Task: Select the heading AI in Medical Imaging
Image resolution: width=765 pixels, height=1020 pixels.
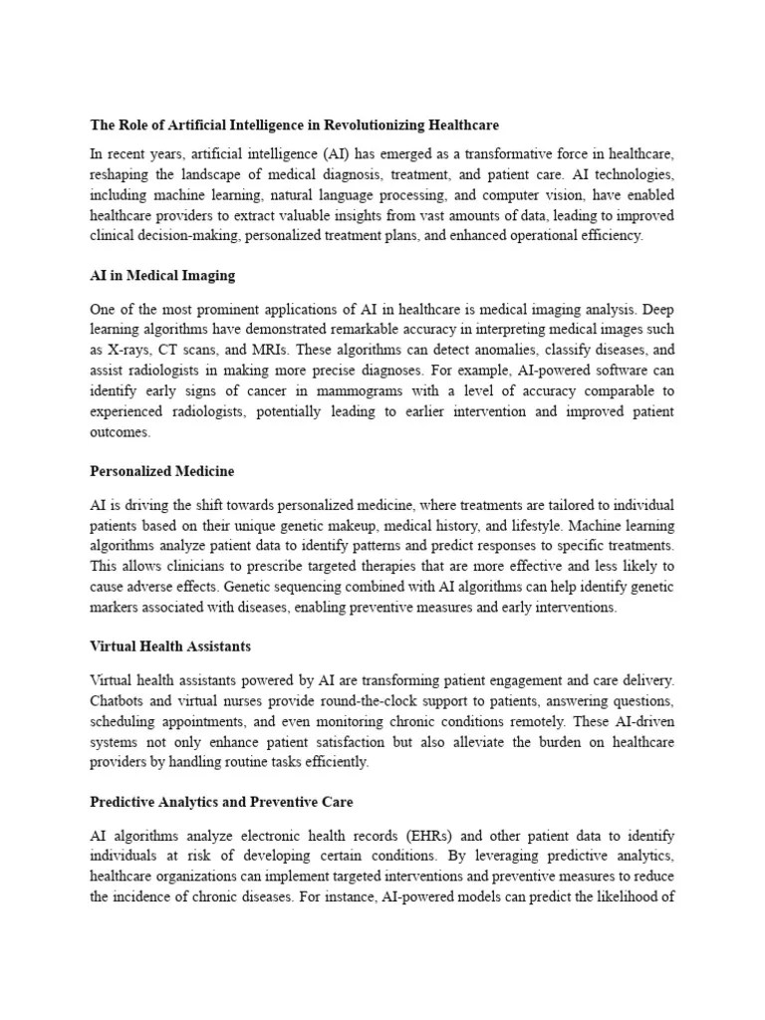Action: pyautogui.click(x=162, y=275)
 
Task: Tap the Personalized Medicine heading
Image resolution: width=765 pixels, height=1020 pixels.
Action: pyautogui.click(x=162, y=470)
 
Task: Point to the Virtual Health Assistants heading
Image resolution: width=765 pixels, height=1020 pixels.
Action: pyautogui.click(x=170, y=645)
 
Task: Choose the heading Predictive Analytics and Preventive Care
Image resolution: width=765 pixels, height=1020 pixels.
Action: pyautogui.click(x=221, y=801)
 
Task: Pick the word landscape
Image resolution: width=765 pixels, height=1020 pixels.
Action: pyautogui.click(x=207, y=174)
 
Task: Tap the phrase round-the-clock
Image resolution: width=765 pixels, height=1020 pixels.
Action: pyautogui.click(x=359, y=701)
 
